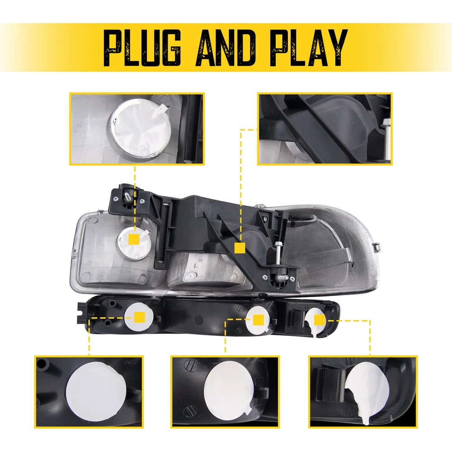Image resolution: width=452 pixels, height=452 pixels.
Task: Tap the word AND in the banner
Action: coord(226,48)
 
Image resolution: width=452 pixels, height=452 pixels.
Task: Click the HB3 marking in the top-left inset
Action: coord(79,135)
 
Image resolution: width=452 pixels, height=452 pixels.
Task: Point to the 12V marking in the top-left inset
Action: coord(82,125)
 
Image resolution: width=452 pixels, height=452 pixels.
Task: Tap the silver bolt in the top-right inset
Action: coord(387,139)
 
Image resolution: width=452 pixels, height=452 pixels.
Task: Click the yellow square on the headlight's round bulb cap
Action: coord(134,239)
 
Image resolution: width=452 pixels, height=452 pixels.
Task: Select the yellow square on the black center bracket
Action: coord(240,248)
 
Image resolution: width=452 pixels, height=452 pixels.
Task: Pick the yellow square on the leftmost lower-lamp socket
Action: coord(140,317)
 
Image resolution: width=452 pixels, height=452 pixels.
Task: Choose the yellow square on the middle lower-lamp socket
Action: coord(258,320)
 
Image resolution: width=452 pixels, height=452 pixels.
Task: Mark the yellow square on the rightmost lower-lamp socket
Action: coord(320,320)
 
